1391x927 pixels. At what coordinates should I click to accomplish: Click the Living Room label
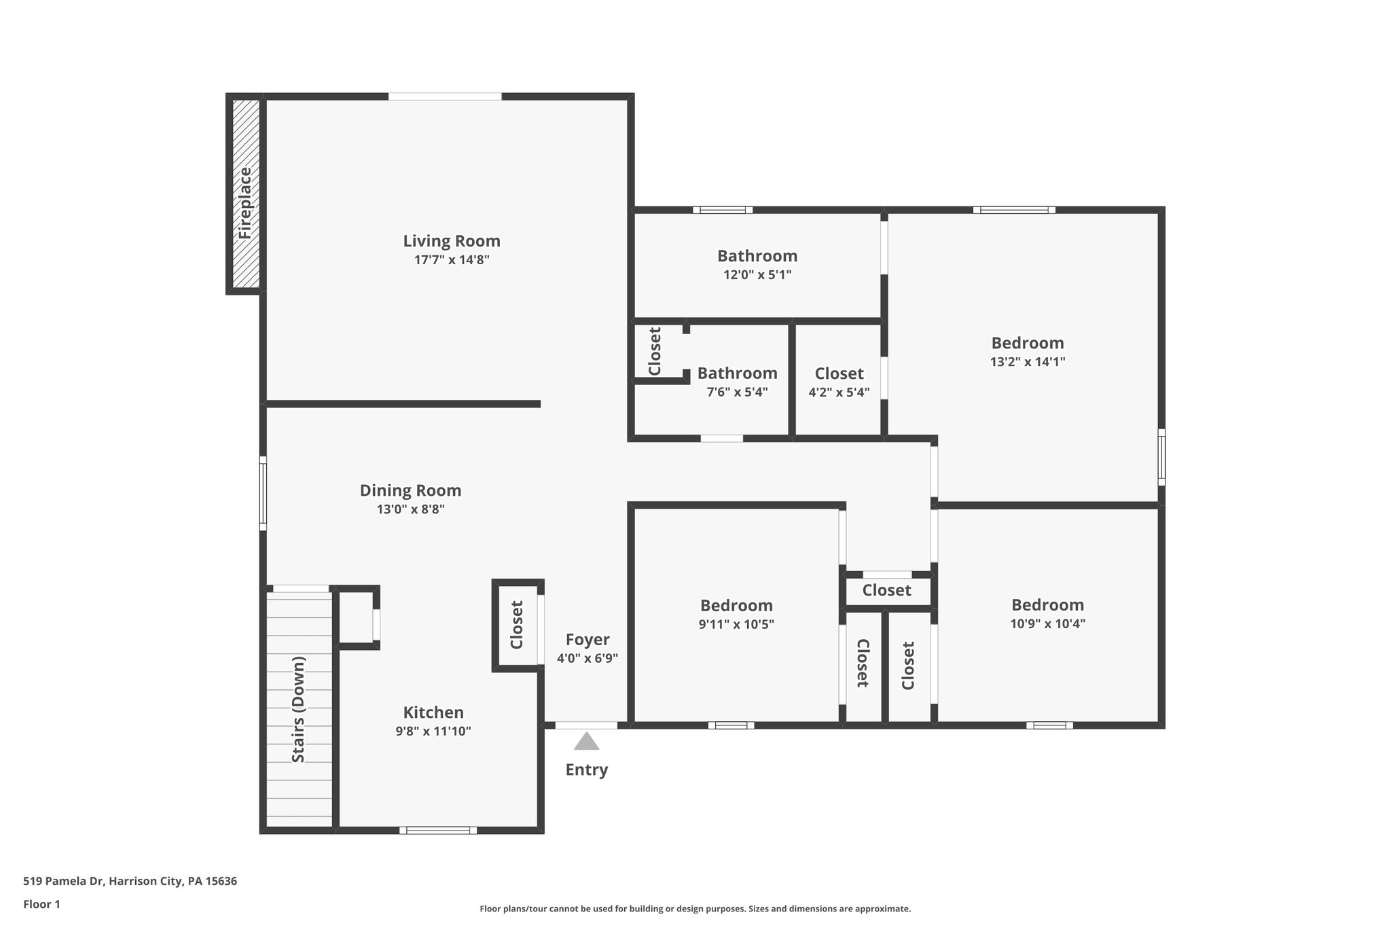(452, 241)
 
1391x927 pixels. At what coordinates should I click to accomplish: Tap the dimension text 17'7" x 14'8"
(452, 260)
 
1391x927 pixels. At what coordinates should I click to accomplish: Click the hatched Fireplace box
(245, 194)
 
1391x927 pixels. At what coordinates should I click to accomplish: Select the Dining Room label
(410, 490)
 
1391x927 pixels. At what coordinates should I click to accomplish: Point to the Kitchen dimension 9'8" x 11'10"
(433, 731)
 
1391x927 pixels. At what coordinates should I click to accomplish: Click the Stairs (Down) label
(298, 709)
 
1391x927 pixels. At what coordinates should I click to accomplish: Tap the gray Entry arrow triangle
(586, 742)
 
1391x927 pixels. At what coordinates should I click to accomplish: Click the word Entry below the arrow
(586, 769)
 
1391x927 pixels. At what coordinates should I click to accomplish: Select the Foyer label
(588, 640)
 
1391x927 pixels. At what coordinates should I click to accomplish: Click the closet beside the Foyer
(517, 625)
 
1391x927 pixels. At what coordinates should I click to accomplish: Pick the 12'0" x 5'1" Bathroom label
(757, 256)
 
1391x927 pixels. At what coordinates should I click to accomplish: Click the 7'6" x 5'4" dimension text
(737, 392)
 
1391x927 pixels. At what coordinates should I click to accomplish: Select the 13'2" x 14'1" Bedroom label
(1027, 343)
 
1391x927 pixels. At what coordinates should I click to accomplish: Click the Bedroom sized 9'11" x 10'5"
(736, 605)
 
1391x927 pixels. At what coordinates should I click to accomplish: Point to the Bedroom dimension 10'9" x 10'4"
(1047, 623)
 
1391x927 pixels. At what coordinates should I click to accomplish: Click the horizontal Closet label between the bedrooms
(886, 590)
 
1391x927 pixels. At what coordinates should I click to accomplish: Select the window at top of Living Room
(445, 97)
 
